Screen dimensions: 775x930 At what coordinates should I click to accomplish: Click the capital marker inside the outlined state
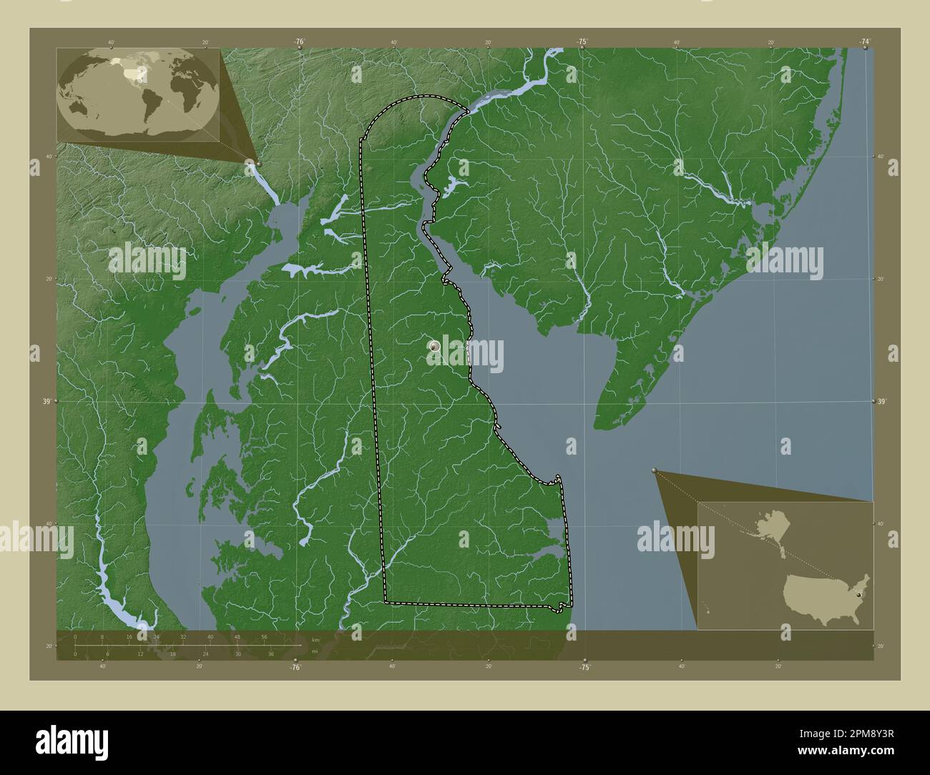434,347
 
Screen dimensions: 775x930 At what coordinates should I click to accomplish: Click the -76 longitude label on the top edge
298,42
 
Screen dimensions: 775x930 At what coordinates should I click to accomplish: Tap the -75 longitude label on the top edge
582,42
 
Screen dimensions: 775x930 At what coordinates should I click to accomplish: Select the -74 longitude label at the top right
865,42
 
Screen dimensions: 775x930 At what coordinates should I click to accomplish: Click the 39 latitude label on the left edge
45,401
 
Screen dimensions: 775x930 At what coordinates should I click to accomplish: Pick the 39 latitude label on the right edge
881,401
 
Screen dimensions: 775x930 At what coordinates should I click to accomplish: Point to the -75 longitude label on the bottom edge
584,667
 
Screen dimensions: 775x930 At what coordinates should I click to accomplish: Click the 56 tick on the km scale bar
264,636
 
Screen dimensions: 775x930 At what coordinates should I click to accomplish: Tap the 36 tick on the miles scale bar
271,653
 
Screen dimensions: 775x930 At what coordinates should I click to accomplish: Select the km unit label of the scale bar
315,640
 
